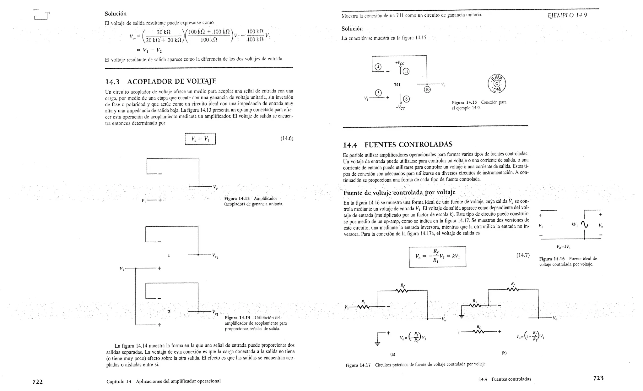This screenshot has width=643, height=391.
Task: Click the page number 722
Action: [37, 382]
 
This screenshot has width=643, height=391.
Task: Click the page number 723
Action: [598, 378]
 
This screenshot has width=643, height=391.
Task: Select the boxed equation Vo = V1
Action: [200, 139]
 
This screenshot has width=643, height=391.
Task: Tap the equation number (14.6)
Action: [287, 138]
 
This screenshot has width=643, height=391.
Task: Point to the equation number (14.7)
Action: [523, 255]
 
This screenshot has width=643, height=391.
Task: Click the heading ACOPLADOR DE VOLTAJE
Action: [171, 82]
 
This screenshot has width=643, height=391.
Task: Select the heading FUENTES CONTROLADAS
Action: [408, 145]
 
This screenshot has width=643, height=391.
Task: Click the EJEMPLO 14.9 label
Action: [567, 15]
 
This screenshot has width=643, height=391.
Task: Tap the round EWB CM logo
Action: [497, 84]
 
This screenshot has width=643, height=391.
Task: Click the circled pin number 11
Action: [406, 71]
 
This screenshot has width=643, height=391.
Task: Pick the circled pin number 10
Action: [427, 90]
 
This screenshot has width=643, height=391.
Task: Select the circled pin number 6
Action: [406, 99]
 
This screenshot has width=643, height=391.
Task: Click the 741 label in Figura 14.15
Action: [397, 85]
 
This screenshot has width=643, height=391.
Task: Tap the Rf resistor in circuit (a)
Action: [402, 290]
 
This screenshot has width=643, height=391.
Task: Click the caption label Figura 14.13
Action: [237, 198]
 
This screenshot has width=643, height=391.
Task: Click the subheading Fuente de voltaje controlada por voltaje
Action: [399, 192]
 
